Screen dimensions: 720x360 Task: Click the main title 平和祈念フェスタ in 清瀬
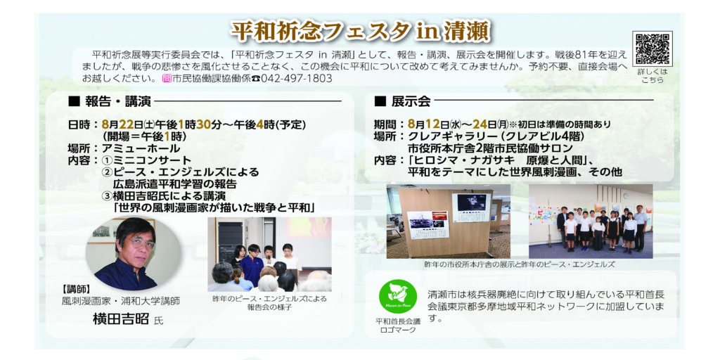tap(361, 31)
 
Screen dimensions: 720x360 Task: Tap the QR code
tap(652, 49)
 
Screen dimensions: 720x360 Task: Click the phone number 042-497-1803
tap(297, 79)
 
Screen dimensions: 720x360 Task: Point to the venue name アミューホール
tap(141, 148)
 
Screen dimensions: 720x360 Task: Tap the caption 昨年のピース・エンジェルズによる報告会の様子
tap(269, 302)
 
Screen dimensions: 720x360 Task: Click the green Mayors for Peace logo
tap(398, 297)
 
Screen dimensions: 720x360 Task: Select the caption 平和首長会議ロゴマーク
tap(398, 326)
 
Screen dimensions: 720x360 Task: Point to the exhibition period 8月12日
tap(428, 124)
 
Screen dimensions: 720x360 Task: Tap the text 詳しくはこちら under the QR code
tap(652, 76)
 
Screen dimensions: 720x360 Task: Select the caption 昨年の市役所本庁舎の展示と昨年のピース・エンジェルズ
tap(520, 264)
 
